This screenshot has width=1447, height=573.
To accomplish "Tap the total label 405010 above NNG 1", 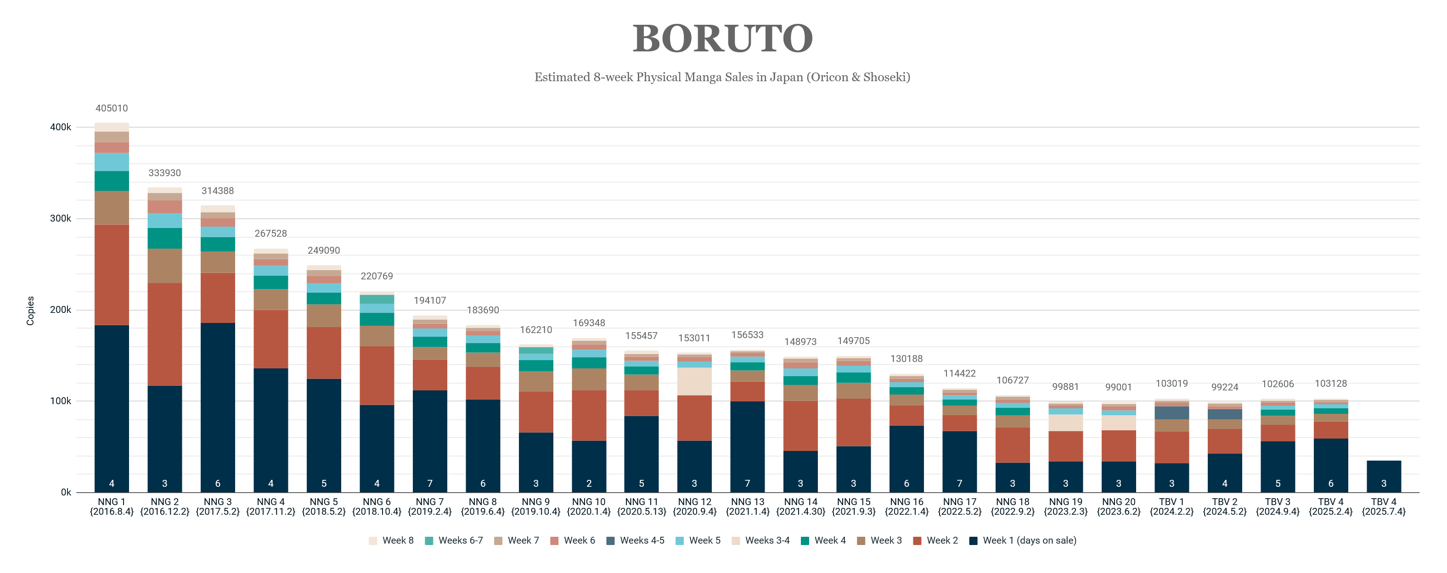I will click(111, 108).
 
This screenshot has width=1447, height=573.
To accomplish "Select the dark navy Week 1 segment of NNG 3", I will click(217, 404).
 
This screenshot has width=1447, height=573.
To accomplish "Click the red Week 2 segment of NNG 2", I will click(164, 334).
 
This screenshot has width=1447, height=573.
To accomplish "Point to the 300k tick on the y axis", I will click(60, 218).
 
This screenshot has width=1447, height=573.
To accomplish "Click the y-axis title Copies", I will click(30, 310).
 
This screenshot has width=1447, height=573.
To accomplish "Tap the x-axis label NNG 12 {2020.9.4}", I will click(694, 506).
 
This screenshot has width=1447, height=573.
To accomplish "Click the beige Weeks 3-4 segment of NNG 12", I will click(694, 382).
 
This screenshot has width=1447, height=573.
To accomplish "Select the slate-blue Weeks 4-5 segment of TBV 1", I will click(1171, 412).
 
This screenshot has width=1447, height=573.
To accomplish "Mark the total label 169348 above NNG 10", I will click(589, 323).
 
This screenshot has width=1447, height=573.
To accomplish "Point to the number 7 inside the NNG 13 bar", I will click(747, 483).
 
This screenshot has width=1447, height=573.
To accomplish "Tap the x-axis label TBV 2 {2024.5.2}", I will click(1225, 506).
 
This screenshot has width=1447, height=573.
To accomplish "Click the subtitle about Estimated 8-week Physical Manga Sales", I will click(722, 77).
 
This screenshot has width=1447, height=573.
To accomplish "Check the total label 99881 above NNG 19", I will click(1065, 387).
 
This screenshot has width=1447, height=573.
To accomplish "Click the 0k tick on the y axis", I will click(66, 493).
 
